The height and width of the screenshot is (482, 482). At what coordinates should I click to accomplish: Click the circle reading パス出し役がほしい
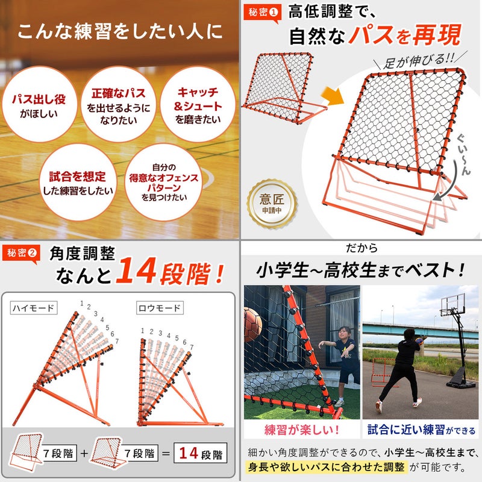point(39,104)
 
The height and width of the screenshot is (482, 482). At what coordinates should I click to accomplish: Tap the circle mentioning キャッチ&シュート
point(198,104)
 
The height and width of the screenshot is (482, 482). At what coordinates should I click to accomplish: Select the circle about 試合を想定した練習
point(78,182)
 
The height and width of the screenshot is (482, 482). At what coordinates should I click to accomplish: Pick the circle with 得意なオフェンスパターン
point(163,182)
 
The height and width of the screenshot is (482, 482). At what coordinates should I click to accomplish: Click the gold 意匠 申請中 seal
point(272,204)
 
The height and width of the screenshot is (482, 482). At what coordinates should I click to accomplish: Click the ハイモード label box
point(34,308)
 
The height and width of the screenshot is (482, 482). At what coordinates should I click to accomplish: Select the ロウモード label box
point(160,308)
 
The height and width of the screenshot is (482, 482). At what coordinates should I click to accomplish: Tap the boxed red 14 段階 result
point(201,453)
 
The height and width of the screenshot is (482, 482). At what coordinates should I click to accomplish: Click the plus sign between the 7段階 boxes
point(84,454)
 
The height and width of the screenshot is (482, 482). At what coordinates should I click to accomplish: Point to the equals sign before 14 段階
point(166,454)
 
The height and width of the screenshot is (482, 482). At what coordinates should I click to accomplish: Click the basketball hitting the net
point(252,325)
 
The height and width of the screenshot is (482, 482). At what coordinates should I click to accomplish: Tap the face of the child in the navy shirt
point(343,334)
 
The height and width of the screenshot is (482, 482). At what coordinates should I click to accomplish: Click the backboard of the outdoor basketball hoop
point(453,304)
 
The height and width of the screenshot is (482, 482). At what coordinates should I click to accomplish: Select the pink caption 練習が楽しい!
point(302,430)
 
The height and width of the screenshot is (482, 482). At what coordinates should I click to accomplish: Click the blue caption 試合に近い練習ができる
point(421,430)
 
